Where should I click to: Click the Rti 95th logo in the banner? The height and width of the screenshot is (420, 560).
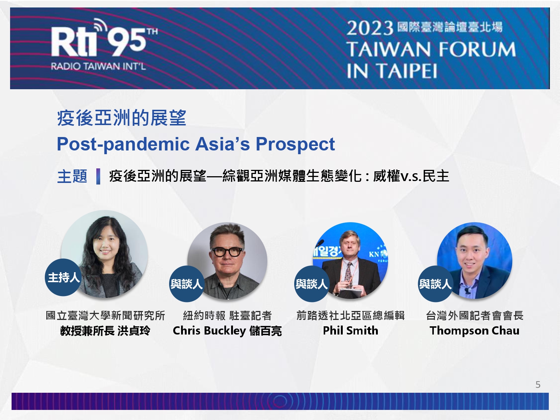pos(104,38)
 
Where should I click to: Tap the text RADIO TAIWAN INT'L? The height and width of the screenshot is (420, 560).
pos(98,66)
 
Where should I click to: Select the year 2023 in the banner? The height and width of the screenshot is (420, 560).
pos(370,28)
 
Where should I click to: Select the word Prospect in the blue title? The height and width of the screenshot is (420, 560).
pos(295,144)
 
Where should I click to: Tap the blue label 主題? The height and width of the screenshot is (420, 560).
pos(72,176)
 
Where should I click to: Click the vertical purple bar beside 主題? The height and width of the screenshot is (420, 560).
pos(98,176)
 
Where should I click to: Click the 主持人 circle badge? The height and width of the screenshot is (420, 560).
pos(63,277)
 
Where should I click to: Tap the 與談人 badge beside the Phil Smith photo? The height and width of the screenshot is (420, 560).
pos(311,284)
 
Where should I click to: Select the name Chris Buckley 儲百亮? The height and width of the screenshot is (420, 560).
pos(227,331)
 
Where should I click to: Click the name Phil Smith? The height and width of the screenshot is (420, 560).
pos(351,330)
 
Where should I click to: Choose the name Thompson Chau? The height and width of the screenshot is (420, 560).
pos(475,331)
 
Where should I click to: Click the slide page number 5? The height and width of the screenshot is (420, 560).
pos(538,384)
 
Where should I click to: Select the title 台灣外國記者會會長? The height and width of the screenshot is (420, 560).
pos(475,316)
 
